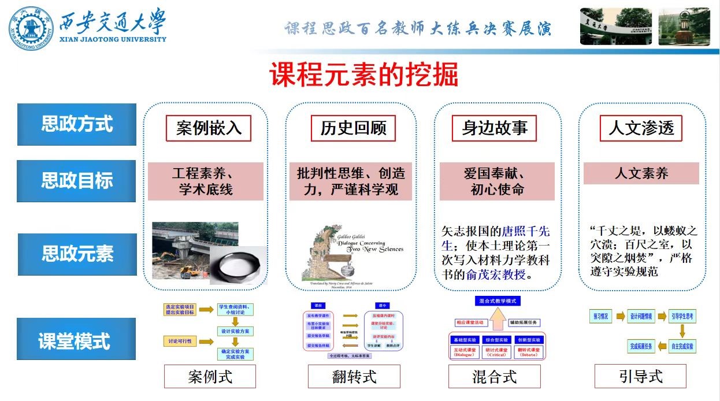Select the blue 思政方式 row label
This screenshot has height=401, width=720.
click(77, 124)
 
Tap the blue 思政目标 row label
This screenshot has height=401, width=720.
click(77, 181)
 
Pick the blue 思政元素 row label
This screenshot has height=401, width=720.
click(77, 254)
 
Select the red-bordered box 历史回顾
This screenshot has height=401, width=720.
click(353, 128)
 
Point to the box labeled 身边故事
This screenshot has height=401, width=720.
click(495, 128)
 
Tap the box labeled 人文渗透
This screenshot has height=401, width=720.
click(641, 128)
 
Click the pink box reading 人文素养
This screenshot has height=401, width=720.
click(641, 173)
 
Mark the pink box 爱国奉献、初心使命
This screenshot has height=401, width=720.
click(497, 181)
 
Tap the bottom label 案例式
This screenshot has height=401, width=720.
click(210, 377)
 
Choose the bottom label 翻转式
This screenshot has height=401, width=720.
click(354, 377)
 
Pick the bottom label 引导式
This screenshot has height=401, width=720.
click(640, 377)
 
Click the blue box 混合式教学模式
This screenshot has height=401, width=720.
click(498, 302)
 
